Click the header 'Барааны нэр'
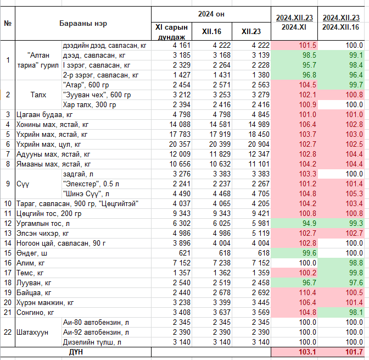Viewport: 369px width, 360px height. pos(83,23)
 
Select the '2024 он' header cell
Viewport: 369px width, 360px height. pos(211,14)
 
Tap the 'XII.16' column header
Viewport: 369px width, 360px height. pos(211,31)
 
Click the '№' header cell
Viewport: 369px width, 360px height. pos(8,23)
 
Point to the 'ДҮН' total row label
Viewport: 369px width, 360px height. pos(76,352)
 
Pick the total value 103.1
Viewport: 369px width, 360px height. pos(307,352)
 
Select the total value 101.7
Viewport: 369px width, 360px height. pos(354,352)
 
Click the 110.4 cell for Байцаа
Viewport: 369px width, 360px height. pos(307,292)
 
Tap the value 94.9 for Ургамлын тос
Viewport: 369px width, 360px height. pos(309,223)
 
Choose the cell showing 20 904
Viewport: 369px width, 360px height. pos(259,144)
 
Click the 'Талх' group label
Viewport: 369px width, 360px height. pos(38,95)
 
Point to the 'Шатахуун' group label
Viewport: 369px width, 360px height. pos(32,332)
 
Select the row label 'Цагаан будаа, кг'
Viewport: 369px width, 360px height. pos(44,115)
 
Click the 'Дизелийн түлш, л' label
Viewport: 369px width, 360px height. pos(92,342)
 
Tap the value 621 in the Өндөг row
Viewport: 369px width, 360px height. pos(185,253)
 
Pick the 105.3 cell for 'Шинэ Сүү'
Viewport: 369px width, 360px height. pos(354,193)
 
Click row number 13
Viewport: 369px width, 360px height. pos(8,233)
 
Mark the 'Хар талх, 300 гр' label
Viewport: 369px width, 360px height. pos(90,104)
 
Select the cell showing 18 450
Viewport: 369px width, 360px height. pos(259,134)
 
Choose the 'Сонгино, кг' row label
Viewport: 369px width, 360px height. pos(35,312)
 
